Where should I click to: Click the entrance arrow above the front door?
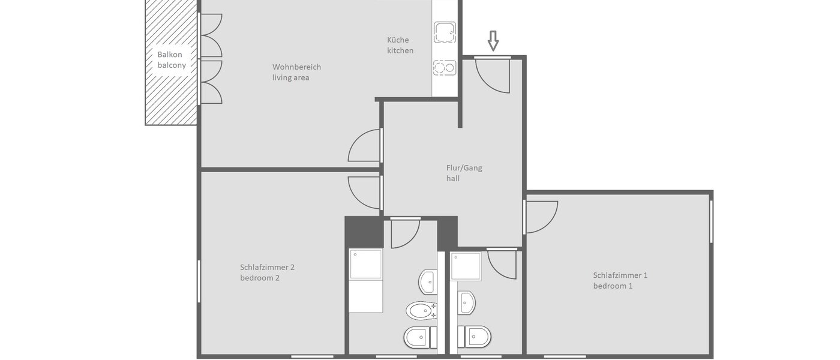point(493,41)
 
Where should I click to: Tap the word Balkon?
point(170,55)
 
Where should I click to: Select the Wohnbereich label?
point(296,67)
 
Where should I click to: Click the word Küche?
point(398,40)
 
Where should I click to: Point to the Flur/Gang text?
point(464,168)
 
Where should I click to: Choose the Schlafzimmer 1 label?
point(620,275)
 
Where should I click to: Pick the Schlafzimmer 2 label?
point(267,268)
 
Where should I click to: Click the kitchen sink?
point(445,32)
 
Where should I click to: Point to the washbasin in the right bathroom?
point(466,302)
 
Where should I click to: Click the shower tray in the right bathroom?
point(466,266)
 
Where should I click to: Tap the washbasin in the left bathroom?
point(428,282)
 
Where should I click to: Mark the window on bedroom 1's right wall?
point(712,221)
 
